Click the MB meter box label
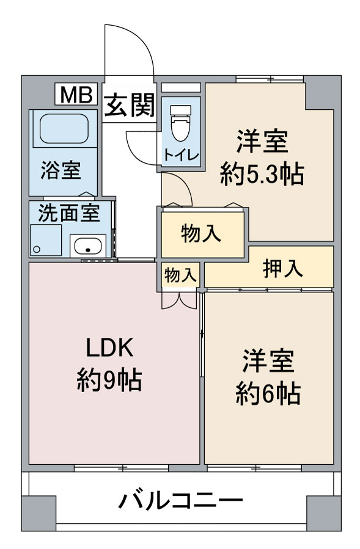76,95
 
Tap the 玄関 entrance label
130,104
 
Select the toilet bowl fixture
180,123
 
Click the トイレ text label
181,155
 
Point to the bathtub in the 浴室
63,128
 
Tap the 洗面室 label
69,213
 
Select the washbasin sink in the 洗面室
88,245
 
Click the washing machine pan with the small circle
46,240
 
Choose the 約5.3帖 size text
262,174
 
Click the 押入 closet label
282,268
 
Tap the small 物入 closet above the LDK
180,275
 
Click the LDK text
109,347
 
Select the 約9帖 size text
109,380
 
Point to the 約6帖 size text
268,394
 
